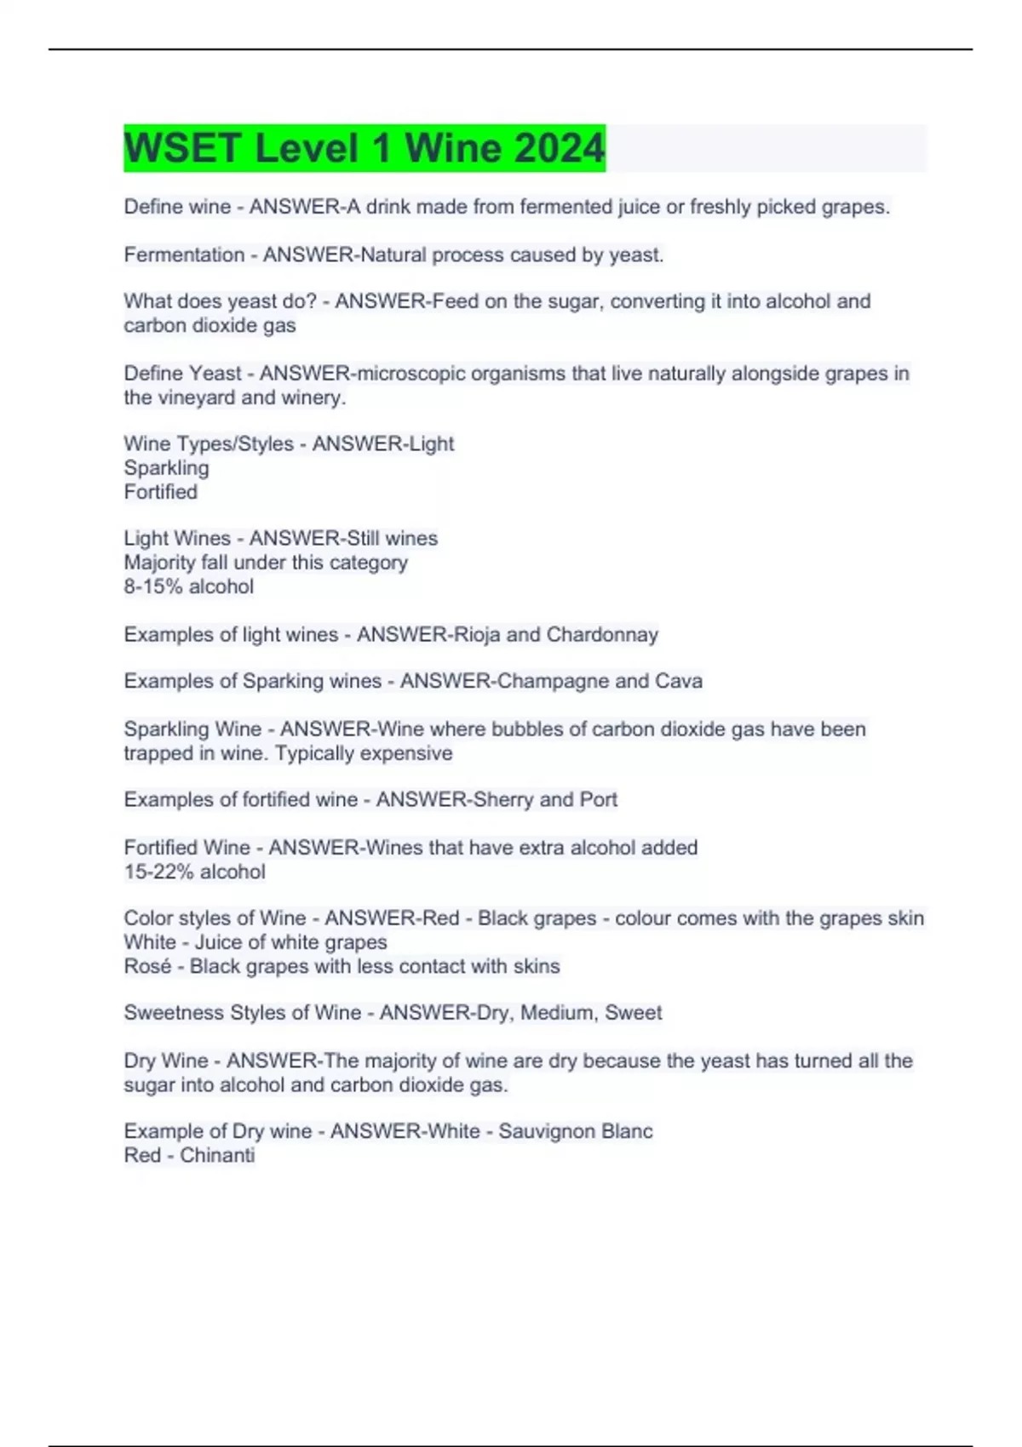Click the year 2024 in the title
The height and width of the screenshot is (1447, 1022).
point(559,148)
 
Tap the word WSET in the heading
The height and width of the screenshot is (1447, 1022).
point(182,148)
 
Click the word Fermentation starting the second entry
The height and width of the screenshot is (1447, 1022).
point(184,255)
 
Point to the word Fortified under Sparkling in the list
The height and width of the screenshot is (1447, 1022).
point(160,492)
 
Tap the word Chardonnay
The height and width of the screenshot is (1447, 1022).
point(602,634)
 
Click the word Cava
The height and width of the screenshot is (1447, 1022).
point(679,681)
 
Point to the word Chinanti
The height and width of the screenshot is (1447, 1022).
point(217,1155)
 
